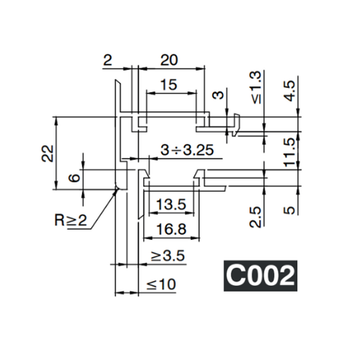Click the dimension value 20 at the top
point(169,59)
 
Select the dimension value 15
point(169,85)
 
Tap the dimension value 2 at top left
point(107,59)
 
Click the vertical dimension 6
point(74,178)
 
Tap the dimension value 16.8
point(170,229)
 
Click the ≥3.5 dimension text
point(167,256)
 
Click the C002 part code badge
point(260,276)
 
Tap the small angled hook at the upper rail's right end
point(237,124)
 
